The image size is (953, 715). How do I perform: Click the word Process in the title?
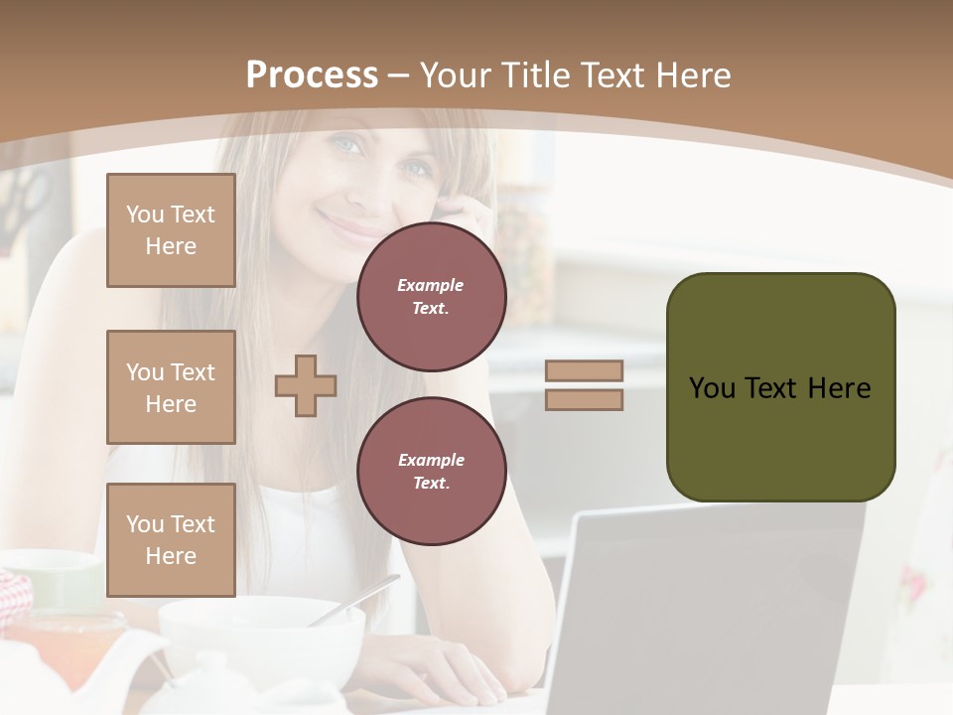[312, 75]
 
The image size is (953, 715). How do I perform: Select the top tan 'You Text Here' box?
[171, 230]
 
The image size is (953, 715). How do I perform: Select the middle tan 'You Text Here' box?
[171, 387]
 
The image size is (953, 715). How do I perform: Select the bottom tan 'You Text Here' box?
[171, 540]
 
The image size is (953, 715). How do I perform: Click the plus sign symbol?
[306, 385]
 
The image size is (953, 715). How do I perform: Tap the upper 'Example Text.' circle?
[431, 297]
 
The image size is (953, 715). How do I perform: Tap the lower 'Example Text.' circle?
[431, 472]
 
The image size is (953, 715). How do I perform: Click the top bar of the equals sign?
[584, 370]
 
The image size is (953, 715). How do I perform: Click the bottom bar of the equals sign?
[584, 400]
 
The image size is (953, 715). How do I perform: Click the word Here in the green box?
[839, 388]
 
